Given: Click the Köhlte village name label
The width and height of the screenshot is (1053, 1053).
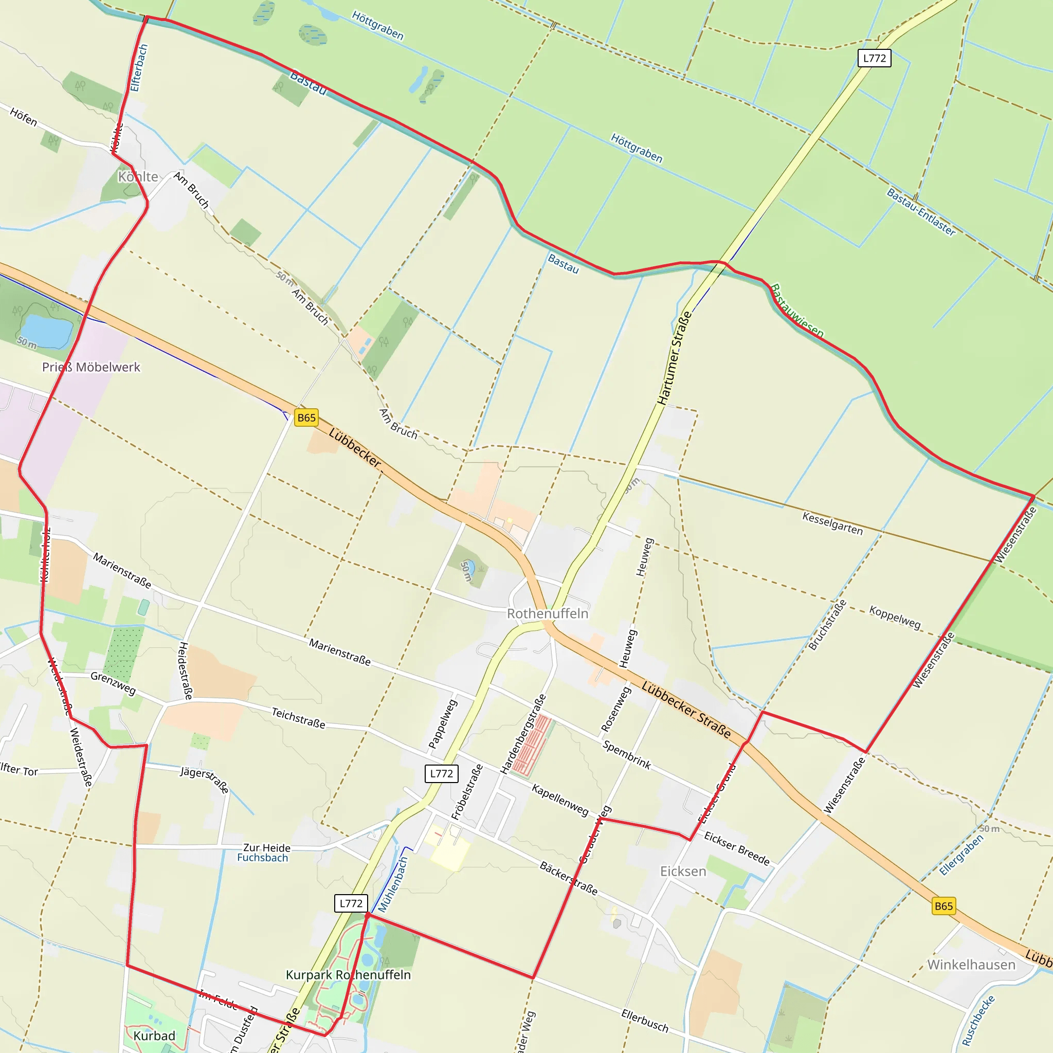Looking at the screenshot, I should tap(138, 176).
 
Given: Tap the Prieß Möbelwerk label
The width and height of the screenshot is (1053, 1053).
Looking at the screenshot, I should tap(91, 367).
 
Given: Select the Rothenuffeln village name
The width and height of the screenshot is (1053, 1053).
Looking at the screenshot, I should tap(547, 614).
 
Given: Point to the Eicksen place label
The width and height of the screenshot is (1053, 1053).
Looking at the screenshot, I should tap(683, 872).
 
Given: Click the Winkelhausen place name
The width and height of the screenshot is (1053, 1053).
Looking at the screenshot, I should tap(971, 965).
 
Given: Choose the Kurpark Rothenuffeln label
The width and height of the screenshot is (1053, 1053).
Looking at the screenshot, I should tap(348, 974).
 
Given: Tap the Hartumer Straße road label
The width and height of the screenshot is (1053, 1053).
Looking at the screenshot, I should tap(674, 358).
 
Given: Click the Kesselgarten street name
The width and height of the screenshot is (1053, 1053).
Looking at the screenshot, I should tap(832, 523).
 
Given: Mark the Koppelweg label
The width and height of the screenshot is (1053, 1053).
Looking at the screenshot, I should tap(895, 616).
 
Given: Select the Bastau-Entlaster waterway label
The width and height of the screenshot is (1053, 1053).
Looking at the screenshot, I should tap(920, 212).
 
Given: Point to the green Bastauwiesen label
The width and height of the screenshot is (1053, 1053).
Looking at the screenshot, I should tap(797, 311).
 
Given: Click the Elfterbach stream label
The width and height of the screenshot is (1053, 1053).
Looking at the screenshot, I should tap(139, 68).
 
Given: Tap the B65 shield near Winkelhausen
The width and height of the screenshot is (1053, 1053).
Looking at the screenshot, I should tap(943, 906).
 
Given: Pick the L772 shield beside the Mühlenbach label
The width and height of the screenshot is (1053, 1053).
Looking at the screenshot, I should tap(351, 903).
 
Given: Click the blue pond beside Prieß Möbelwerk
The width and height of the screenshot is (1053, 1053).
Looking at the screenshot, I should tap(46, 330).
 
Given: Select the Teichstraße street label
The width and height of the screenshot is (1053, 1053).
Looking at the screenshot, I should tap(298, 718).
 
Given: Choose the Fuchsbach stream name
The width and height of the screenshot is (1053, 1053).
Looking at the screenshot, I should tap(262, 857).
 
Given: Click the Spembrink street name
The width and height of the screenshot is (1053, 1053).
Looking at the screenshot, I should tap(627, 755).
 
